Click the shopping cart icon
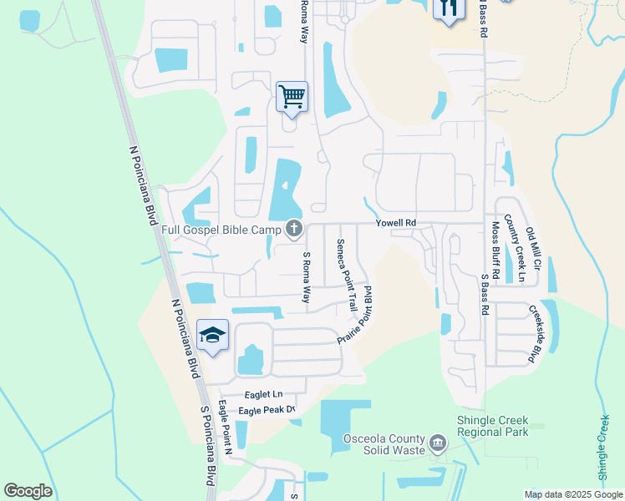[x=292, y=97]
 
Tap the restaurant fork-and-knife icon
[x=448, y=8]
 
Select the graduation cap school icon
[x=213, y=335]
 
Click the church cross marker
[x=293, y=228]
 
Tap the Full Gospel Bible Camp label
[x=221, y=229]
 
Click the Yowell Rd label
[x=395, y=223]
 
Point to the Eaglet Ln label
[x=263, y=393]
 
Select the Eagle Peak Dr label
[x=267, y=410]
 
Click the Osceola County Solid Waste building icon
[x=438, y=442]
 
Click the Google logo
[x=28, y=491]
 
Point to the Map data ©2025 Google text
[x=572, y=494]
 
